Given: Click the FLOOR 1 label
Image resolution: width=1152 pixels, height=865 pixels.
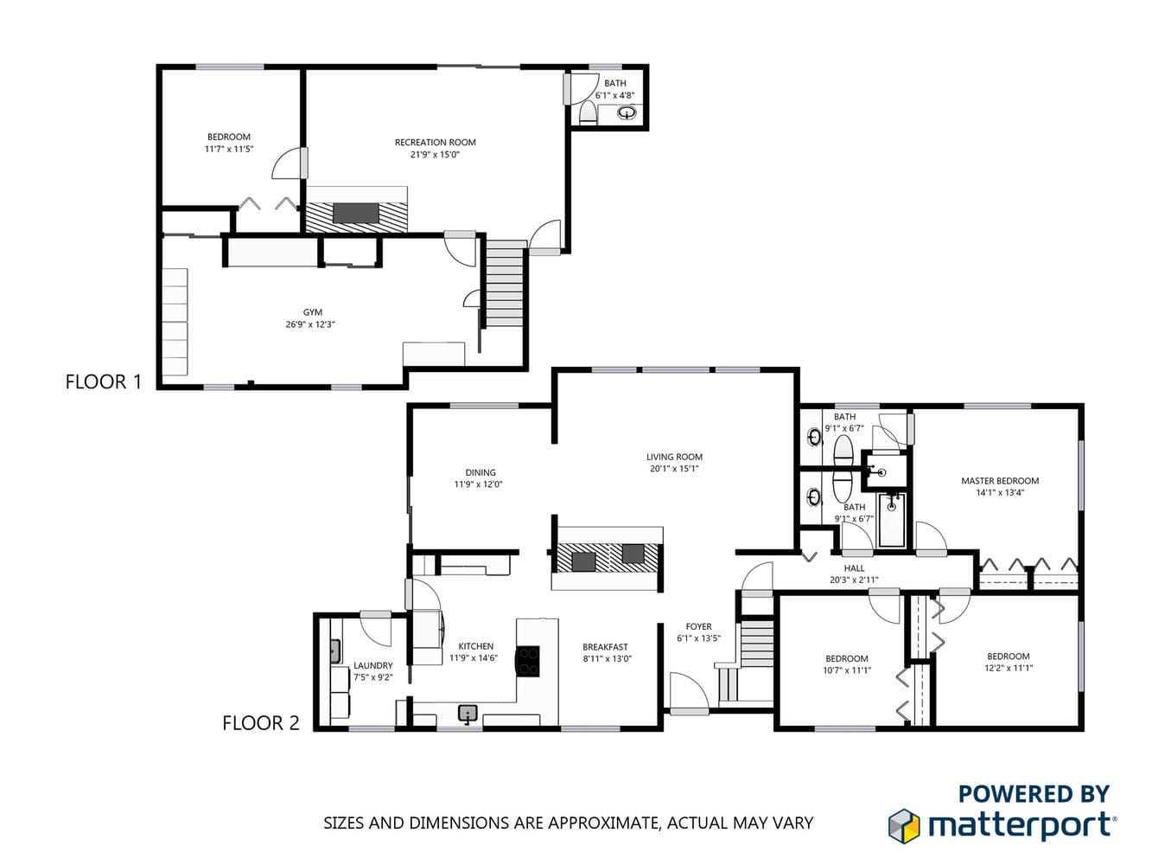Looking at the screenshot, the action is [x=104, y=381].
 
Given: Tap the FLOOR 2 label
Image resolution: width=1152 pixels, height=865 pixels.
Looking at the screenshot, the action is [x=261, y=723].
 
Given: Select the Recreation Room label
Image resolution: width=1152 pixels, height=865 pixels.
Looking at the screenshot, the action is [x=435, y=143].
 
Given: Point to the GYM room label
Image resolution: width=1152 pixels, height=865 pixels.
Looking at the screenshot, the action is [x=312, y=312].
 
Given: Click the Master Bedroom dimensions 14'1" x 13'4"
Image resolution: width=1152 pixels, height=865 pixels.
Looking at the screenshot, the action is [x=1000, y=493].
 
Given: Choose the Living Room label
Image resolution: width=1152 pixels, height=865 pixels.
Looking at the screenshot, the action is [x=674, y=457].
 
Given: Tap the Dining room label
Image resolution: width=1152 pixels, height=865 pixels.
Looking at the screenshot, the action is [x=481, y=472].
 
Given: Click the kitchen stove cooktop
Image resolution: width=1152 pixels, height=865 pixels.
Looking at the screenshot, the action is [x=528, y=661].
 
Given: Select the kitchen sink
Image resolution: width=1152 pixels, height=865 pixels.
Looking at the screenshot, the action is [x=468, y=714].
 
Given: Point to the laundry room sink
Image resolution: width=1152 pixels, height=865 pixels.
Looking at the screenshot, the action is [x=334, y=651].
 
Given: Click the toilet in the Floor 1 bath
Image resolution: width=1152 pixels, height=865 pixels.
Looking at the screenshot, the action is [x=588, y=112].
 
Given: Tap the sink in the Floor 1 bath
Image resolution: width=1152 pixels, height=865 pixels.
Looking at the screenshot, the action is [x=626, y=113].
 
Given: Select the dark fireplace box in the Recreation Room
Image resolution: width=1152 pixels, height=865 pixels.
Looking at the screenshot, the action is [x=356, y=213].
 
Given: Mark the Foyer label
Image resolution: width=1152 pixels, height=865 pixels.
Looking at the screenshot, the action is [x=698, y=626].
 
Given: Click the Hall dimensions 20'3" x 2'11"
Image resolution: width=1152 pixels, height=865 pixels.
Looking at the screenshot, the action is [x=854, y=580].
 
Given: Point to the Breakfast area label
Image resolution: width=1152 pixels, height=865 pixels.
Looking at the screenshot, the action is [x=605, y=647].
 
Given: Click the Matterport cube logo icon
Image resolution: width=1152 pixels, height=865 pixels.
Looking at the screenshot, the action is [x=903, y=826].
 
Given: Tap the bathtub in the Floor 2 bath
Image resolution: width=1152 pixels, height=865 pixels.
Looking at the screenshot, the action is [x=892, y=519].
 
